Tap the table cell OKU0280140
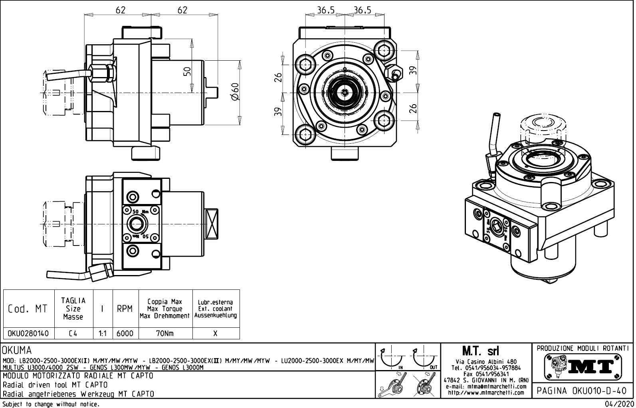pyautogui.click(x=28, y=333)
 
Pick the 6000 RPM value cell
pyautogui.click(x=125, y=333)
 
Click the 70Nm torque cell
pyautogui.click(x=165, y=333)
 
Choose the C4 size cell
pyautogui.click(x=73, y=333)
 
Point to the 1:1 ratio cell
pyautogui.click(x=103, y=333)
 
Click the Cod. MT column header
pyautogui.click(x=28, y=309)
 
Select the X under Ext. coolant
pyautogui.click(x=216, y=333)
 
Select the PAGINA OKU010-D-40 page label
pyautogui.click(x=583, y=391)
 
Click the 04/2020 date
pyautogui.click(x=619, y=404)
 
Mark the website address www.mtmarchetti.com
pyautogui.click(x=486, y=392)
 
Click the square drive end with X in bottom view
pyautogui.click(x=212, y=224)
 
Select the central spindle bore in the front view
pyautogui.click(x=345, y=92)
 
